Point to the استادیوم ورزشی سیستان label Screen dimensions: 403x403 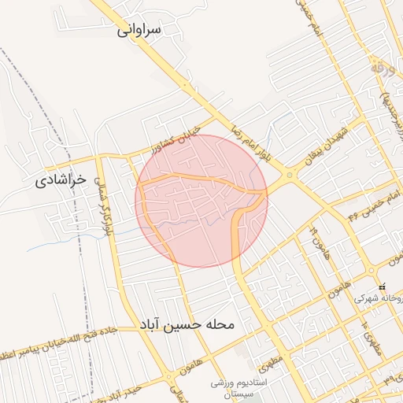coord(240,388)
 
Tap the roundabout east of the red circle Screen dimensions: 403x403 coord(291,176)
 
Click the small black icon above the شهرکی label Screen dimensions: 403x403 coord(382,287)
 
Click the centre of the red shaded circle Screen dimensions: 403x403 coord(201,201)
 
